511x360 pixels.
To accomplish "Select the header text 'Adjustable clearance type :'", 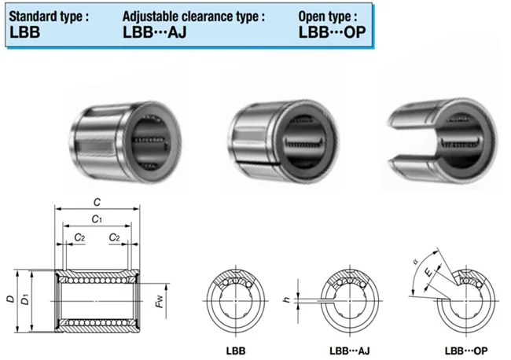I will (x=193, y=16).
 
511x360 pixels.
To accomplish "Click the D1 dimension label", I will (x=25, y=299).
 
